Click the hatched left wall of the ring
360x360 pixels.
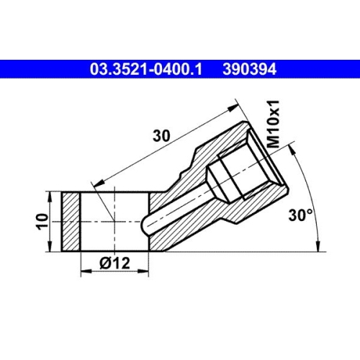click(70, 221)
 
